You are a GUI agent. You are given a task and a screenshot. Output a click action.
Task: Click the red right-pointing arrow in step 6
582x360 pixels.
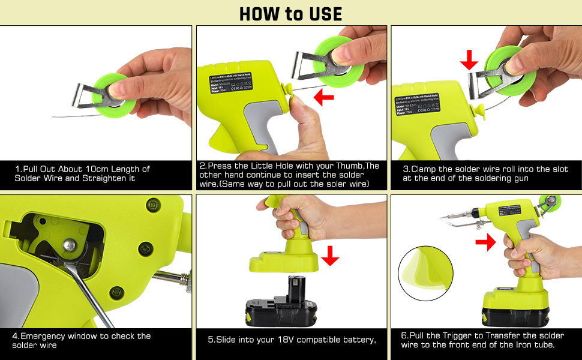(x=485, y=242)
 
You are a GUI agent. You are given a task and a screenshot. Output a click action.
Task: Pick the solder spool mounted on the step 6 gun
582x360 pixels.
(x=547, y=204)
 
